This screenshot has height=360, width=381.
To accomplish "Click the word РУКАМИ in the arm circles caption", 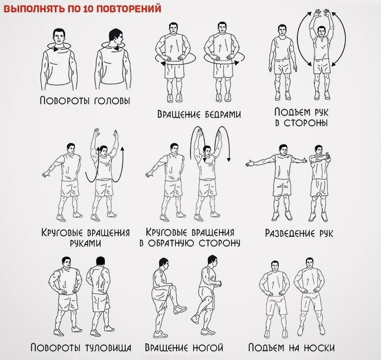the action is pos(86,243).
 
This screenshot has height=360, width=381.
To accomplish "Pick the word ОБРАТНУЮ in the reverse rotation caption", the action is pos(172,243).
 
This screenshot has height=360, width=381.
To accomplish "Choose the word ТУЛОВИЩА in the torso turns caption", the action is pos(108,348).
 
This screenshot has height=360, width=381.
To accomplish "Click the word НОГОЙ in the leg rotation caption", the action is pos(208,348).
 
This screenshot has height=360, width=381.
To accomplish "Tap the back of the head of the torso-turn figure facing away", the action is pos(101,262).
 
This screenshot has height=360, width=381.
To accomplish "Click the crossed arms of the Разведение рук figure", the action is pos(319,159).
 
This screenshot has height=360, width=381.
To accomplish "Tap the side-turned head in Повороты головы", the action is pos(116,37).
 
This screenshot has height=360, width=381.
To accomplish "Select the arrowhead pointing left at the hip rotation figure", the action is pos(163,63).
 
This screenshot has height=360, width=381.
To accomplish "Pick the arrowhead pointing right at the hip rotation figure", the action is pos(236,63).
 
